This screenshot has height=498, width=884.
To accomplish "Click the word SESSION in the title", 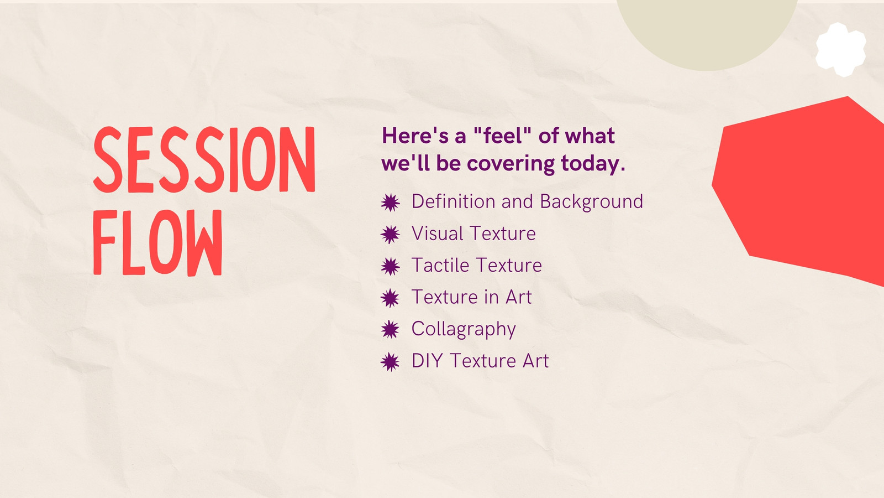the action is [204, 159].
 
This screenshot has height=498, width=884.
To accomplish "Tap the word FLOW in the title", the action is [158, 242].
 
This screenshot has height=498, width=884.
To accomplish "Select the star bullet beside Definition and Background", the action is [390, 203].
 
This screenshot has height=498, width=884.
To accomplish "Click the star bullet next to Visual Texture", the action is [390, 235].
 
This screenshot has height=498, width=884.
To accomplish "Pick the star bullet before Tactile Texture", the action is [390, 266].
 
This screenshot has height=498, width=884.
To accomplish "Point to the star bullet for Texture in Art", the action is [390, 298].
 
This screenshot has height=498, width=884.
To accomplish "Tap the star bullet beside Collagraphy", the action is [390, 330].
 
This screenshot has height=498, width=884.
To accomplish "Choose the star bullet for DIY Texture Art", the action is [390, 362].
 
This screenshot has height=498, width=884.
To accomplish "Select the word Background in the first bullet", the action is [592, 202].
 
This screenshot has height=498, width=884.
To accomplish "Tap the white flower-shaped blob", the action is [841, 50].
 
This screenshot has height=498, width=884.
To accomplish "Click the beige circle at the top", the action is [707, 30].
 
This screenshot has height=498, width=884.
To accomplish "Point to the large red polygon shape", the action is [801, 190].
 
